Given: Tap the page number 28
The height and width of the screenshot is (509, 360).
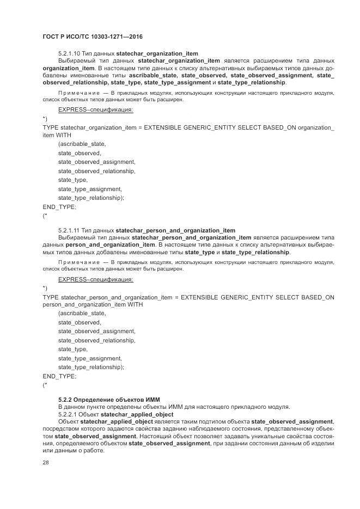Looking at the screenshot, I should (x=46, y=462).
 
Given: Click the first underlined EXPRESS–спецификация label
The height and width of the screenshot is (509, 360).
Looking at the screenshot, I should (x=95, y=109).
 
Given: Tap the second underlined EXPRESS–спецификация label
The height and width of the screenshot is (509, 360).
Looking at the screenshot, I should (x=95, y=279).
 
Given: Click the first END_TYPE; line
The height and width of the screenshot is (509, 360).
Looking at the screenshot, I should (x=59, y=207).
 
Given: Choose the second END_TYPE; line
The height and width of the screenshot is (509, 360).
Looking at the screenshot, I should (x=59, y=376).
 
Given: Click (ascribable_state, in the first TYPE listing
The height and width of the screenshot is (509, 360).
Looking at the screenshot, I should (x=82, y=144).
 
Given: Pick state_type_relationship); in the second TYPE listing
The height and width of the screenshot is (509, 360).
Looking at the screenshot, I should (x=91, y=367).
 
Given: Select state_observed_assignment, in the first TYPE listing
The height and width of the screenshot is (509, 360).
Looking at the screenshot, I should (x=96, y=162).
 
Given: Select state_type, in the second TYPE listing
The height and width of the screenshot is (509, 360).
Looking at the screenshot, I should (x=73, y=349).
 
